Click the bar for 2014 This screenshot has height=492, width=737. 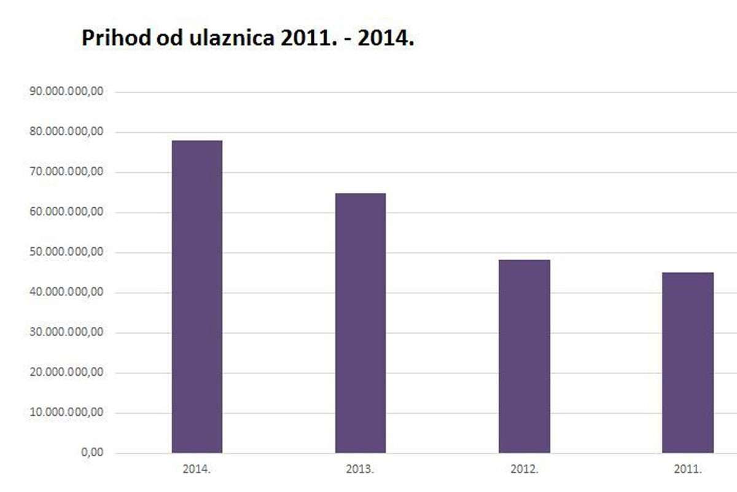(197, 296)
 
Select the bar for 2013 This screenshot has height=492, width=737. (361, 323)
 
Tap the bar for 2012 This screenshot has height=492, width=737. (524, 356)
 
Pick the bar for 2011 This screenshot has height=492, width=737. (688, 362)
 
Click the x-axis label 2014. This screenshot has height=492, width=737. (197, 469)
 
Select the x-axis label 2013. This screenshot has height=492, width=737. (360, 469)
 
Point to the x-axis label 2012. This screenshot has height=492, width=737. (524, 469)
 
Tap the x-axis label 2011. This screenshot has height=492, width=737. (688, 469)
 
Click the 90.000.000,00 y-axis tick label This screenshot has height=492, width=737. (66, 91)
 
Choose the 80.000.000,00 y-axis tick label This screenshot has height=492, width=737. (66, 132)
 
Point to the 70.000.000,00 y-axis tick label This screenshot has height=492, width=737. (66, 172)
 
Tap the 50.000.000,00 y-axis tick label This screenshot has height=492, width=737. (66, 252)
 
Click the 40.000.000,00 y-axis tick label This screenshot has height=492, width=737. (66, 292)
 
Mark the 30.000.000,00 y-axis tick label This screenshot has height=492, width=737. (66, 332)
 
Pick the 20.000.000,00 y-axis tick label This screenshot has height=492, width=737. (66, 372)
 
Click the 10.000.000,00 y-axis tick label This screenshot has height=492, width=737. (66, 413)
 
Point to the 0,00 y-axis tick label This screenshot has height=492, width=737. (93, 453)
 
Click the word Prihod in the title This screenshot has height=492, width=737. (116, 38)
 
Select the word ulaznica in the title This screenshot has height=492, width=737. (232, 38)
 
